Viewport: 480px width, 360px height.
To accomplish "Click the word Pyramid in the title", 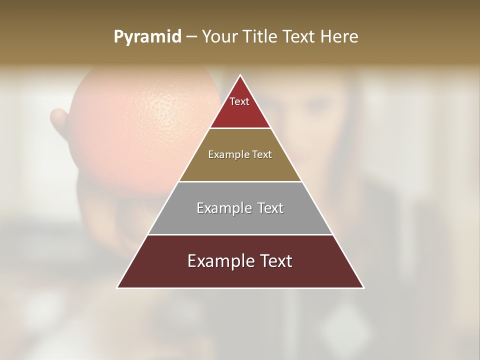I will coord(147,37).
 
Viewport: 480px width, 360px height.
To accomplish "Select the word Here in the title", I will coord(340,37).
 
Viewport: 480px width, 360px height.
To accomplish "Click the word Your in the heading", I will coord(220,37).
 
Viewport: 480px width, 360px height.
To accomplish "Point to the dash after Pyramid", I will coord(191,37).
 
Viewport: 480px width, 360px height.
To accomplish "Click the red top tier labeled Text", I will coord(240,107).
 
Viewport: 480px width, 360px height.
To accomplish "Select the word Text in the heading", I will coord(300,37).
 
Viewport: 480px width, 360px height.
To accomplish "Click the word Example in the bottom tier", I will coord(220,261).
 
